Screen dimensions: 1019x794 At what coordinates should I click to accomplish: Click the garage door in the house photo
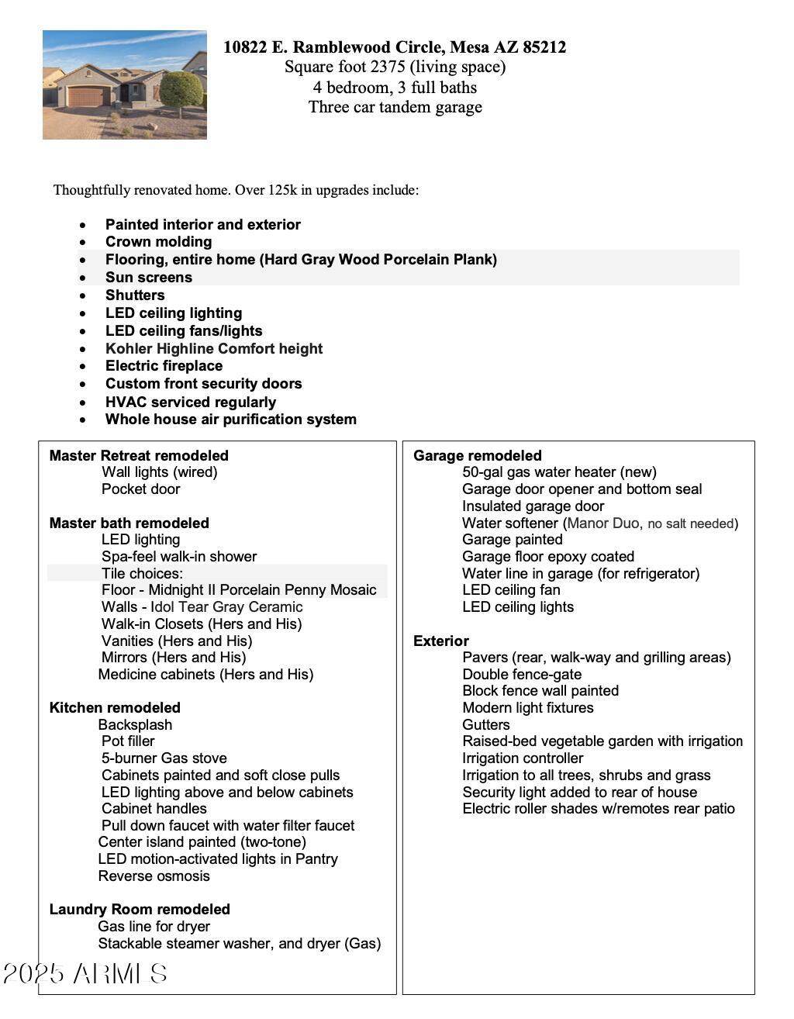coord(87,97)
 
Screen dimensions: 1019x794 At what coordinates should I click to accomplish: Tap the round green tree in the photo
coord(181,90)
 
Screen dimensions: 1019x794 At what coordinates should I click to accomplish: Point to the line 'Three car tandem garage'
coord(395,107)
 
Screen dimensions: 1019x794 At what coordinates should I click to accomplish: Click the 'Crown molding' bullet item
coord(158,242)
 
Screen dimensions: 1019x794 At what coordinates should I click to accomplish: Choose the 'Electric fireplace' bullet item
coord(164,366)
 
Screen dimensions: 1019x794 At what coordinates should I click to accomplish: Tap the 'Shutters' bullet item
coord(135,295)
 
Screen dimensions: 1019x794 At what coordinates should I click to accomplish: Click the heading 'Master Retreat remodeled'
coord(139,456)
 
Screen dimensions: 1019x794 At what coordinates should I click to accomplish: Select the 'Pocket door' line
coord(140,489)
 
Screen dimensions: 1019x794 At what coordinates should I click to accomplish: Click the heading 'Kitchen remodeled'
coord(115,708)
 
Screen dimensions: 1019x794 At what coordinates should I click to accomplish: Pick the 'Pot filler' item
coord(128,741)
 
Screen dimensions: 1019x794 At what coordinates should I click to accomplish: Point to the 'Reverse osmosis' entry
coord(154,876)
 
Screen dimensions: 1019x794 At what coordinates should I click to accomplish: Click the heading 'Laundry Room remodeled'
coord(140,910)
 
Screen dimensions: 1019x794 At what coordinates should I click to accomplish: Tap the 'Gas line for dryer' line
coord(154,927)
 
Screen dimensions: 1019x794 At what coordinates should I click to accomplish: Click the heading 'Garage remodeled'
coord(478,456)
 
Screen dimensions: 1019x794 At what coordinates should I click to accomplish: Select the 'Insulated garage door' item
coord(533,506)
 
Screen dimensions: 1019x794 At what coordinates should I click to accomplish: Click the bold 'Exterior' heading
coord(441,641)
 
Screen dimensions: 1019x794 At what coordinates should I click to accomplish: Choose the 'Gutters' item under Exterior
coord(486,725)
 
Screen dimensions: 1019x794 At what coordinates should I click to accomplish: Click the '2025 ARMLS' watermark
coord(85,974)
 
